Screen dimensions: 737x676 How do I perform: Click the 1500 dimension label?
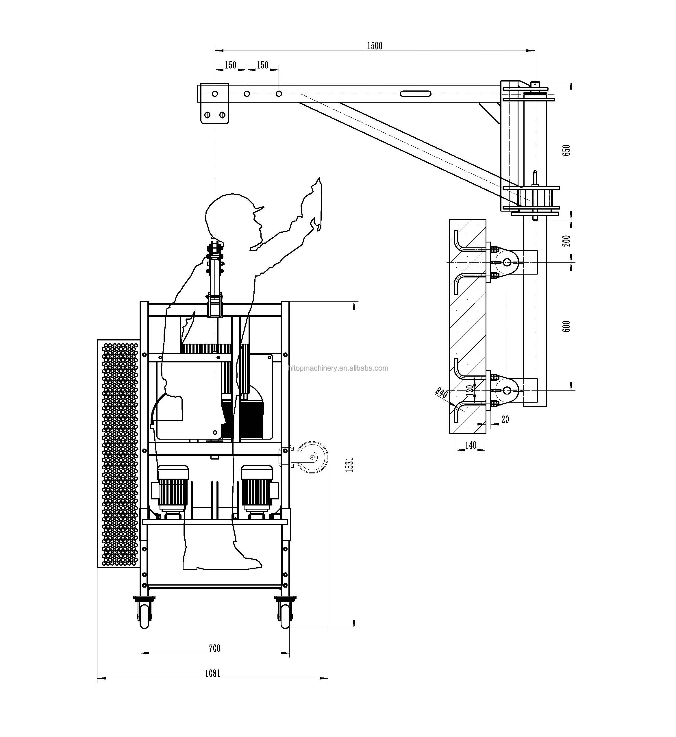point(374,45)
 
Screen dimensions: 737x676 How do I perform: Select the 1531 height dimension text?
point(349,464)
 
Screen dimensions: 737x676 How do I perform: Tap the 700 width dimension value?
point(214,648)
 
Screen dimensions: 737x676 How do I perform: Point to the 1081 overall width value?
point(212,673)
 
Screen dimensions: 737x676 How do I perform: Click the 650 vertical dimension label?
point(566,150)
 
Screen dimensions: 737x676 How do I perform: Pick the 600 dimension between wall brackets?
point(566,326)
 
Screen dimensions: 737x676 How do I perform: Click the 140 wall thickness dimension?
point(471,445)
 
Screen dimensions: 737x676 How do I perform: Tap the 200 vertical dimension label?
point(566,241)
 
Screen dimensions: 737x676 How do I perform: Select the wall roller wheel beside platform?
point(312,457)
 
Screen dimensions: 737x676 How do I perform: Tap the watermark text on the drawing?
point(338,368)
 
